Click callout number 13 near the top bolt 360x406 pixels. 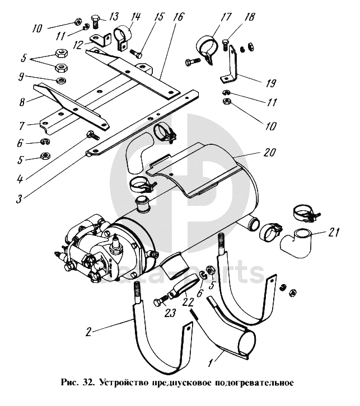click(114, 17)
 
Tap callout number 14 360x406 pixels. click(135, 17)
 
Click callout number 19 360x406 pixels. click(270, 83)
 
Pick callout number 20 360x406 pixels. click(269, 152)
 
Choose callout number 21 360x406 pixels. click(334, 232)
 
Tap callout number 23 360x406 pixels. click(170, 313)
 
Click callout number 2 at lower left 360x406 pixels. click(88, 332)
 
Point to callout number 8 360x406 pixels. click(22, 101)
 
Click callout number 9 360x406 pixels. click(21, 77)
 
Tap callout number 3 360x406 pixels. click(19, 199)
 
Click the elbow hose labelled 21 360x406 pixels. click(296, 243)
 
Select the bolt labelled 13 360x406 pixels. click(95, 22)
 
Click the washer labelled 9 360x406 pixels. click(61, 80)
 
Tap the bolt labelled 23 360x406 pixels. click(161, 301)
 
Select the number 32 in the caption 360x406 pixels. click(88, 383)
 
